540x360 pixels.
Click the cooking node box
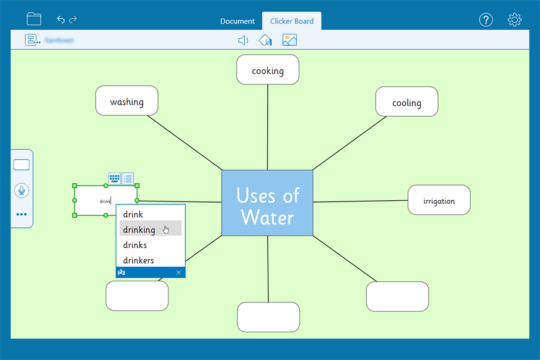[x=268, y=70]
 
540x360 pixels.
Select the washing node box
[x=127, y=101]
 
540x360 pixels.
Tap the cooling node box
[x=407, y=102]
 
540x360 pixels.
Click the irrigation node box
[x=439, y=200]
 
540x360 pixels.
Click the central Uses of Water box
[x=267, y=204]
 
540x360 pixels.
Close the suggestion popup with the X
[x=178, y=272]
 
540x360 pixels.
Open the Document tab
[x=237, y=21]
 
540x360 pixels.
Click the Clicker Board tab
[x=292, y=21]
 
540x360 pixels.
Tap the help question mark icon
[x=486, y=20]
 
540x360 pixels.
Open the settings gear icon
[x=514, y=20]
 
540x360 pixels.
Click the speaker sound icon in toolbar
[x=243, y=40]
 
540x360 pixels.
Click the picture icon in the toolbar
[x=289, y=40]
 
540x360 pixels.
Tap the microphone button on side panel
[x=22, y=190]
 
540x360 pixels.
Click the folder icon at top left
[x=34, y=19]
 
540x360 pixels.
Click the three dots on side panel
[x=22, y=214]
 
